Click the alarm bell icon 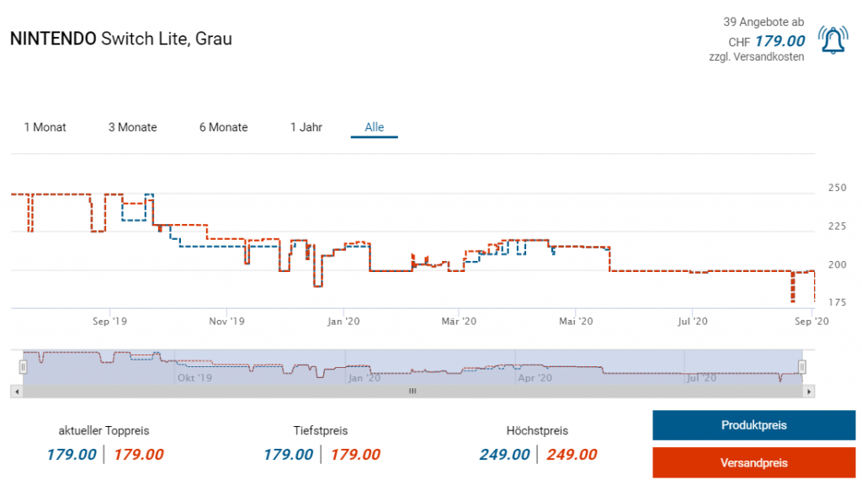tap(833, 41)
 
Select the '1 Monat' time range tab tap(45, 127)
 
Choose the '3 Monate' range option tap(132, 127)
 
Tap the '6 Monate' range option tap(223, 127)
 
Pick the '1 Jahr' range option tap(306, 127)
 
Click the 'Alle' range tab tap(374, 127)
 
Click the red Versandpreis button tap(753, 463)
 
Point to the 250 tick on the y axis tap(836, 188)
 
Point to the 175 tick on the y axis tap(836, 302)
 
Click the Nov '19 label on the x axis tap(226, 321)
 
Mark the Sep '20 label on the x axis tap(811, 321)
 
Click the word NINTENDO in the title tap(53, 39)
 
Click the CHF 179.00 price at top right tap(779, 41)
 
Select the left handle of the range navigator tap(24, 366)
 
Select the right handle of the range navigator tap(802, 366)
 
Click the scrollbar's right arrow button tap(810, 392)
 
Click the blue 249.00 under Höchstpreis tap(504, 455)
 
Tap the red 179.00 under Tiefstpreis tap(354, 455)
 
